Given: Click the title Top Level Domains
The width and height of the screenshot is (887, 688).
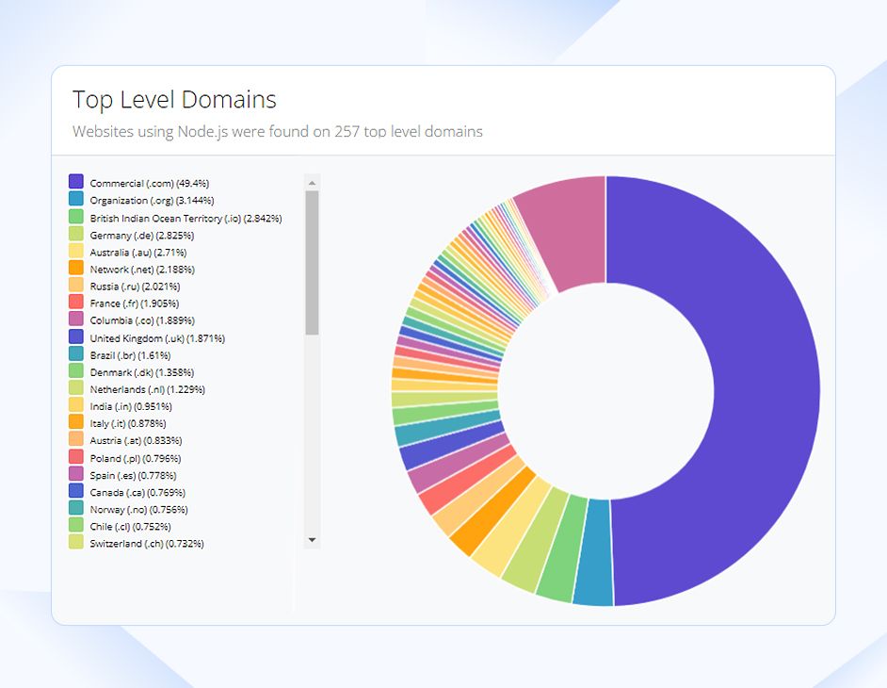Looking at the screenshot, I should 174,100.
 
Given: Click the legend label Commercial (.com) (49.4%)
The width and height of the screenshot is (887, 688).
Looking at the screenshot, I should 149,183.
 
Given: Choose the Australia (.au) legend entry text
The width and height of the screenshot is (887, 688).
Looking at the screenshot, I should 137,253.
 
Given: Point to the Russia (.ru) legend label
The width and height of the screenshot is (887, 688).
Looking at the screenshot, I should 135,287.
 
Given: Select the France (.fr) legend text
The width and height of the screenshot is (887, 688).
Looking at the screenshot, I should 134,303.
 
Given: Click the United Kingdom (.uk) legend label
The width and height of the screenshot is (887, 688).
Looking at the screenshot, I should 156,338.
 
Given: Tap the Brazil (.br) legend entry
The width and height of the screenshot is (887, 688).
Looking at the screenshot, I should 130,355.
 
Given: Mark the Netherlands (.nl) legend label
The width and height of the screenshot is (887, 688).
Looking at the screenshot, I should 147,389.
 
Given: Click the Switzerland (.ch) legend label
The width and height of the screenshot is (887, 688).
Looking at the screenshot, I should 146,544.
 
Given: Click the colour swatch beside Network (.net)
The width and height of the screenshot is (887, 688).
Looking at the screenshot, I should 76,269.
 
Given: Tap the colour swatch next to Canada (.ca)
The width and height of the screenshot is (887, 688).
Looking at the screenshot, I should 76,491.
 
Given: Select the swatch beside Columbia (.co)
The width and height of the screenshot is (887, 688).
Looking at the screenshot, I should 76,319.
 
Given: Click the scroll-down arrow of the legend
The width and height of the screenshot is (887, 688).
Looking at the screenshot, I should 313,540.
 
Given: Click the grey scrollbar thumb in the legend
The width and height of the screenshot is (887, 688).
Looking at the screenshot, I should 313,262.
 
